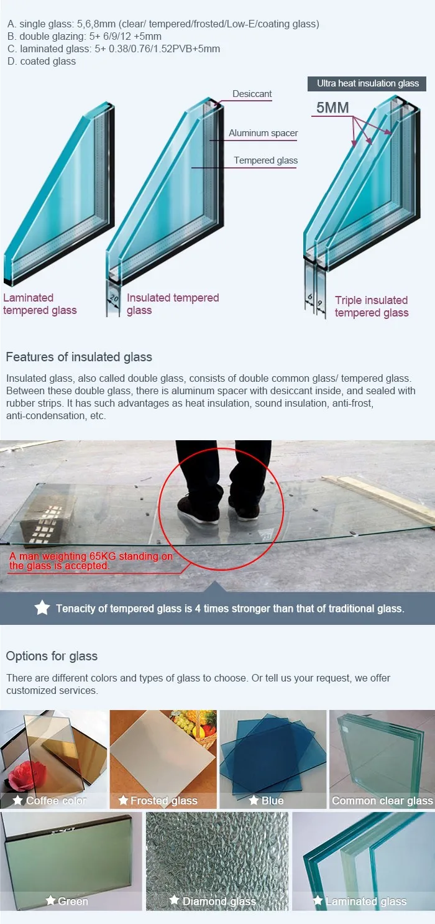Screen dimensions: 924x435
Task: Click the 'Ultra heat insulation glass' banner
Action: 368,83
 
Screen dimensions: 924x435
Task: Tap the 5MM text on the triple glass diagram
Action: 332,108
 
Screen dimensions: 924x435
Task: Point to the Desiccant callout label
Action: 252,94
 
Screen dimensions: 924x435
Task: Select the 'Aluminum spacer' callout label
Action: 263,133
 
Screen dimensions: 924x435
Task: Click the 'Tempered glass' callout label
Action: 265,160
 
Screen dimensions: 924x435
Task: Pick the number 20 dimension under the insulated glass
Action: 113,298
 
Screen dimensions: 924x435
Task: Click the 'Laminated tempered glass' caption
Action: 40,304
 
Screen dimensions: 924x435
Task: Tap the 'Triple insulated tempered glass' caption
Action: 371,307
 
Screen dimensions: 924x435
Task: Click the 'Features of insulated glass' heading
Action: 79,357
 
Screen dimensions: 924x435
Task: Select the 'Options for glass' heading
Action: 52,656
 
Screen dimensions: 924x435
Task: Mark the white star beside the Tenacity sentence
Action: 42,608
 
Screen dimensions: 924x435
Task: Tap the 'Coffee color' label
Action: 56,800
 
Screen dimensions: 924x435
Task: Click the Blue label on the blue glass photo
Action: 272,800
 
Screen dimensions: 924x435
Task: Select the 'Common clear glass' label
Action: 382,800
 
